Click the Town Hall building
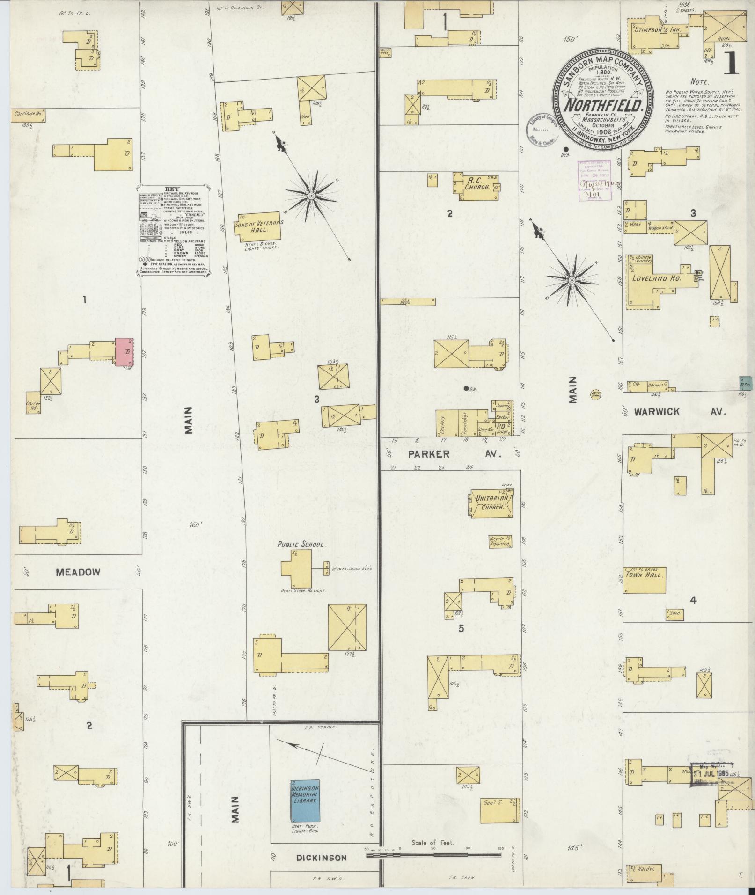click(x=644, y=580)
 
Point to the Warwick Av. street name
click(x=680, y=412)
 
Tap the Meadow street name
click(x=78, y=572)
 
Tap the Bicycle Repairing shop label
click(x=500, y=541)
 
